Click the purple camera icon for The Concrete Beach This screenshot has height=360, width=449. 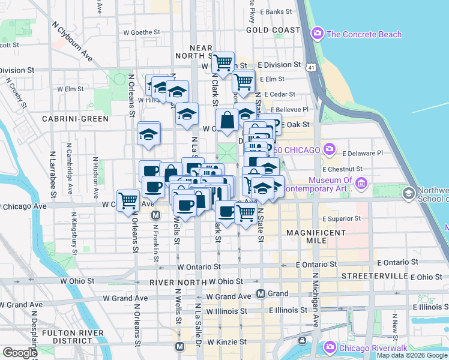(x=318, y=34)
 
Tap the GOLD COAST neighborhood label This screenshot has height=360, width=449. (x=273, y=29)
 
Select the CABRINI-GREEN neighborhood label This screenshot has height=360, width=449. (x=75, y=119)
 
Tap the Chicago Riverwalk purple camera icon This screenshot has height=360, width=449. (x=330, y=347)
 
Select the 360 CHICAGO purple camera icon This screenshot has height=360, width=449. (x=330, y=148)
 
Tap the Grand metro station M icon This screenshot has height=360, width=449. (x=261, y=293)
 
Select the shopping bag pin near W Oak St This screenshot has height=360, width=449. (x=228, y=119)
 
